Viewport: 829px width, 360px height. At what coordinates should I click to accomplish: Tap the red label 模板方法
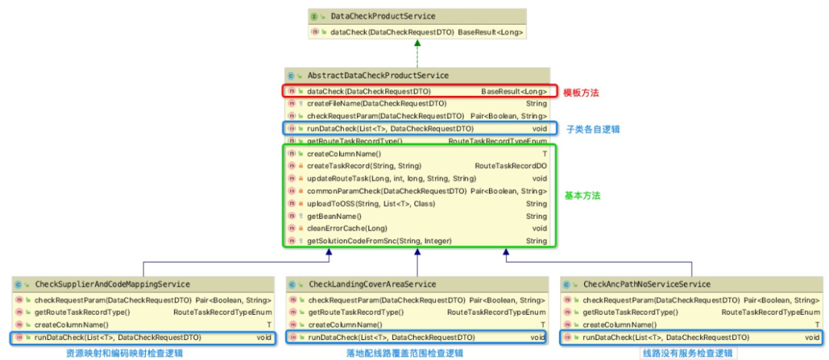[x=581, y=92]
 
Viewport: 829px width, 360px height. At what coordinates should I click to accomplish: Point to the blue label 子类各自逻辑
[x=593, y=129]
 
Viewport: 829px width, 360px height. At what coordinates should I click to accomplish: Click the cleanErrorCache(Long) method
[x=342, y=229]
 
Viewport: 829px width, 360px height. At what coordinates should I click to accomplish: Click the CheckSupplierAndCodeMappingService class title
[x=112, y=285]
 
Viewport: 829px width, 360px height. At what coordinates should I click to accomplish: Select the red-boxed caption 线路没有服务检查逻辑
[x=688, y=353]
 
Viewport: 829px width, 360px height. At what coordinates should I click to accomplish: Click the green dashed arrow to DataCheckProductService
[x=417, y=54]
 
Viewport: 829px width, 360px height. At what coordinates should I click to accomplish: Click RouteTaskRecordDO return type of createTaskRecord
[x=510, y=166]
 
